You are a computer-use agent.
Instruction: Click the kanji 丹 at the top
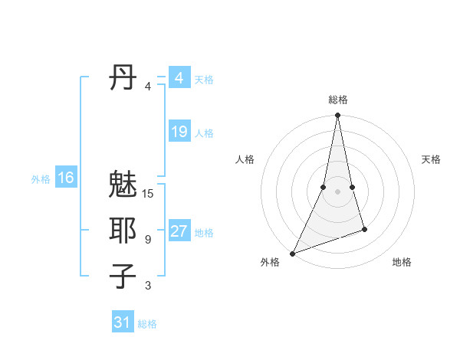coord(123,79)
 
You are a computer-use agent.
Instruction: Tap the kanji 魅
coord(123,187)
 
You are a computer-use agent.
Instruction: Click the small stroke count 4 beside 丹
coord(148,87)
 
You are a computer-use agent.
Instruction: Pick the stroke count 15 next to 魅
coord(148,194)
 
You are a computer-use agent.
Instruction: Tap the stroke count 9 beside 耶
coord(148,240)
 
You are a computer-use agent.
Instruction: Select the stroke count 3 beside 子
coord(148,286)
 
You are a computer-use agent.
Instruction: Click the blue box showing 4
coord(179,78)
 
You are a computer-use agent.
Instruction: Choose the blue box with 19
coord(179,132)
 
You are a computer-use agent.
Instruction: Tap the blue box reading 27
coord(179,231)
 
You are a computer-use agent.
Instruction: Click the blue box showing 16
coord(65,178)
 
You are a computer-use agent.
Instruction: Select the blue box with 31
coord(122,322)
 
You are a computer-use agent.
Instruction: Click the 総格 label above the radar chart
coord(337,100)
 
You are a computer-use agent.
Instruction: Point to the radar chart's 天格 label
coord(431,159)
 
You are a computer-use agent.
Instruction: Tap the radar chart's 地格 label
coord(402,262)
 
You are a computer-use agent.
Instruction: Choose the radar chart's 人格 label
coord(245,159)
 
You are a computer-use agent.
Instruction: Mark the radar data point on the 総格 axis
coord(337,116)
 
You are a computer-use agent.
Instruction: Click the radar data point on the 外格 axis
coord(292,253)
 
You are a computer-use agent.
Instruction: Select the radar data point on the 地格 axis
coord(364,229)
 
